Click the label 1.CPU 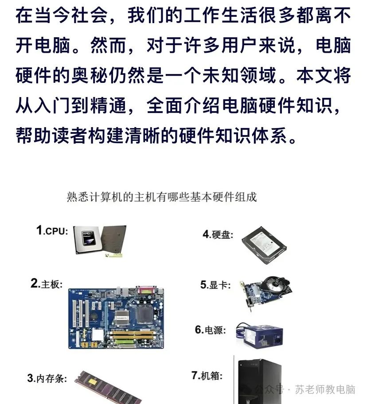click(52, 230)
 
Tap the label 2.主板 click(47, 284)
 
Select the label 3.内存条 click(47, 378)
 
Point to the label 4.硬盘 click(218, 234)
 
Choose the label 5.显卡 click(215, 285)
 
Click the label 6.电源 click(210, 330)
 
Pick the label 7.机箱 click(207, 375)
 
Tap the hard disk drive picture click(264, 245)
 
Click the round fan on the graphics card click(273, 285)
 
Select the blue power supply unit click(260, 335)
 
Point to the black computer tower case click(260, 381)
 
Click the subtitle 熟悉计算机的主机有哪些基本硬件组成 click(162, 197)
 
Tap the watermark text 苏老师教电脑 click(325, 389)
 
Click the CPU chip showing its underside click(113, 240)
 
